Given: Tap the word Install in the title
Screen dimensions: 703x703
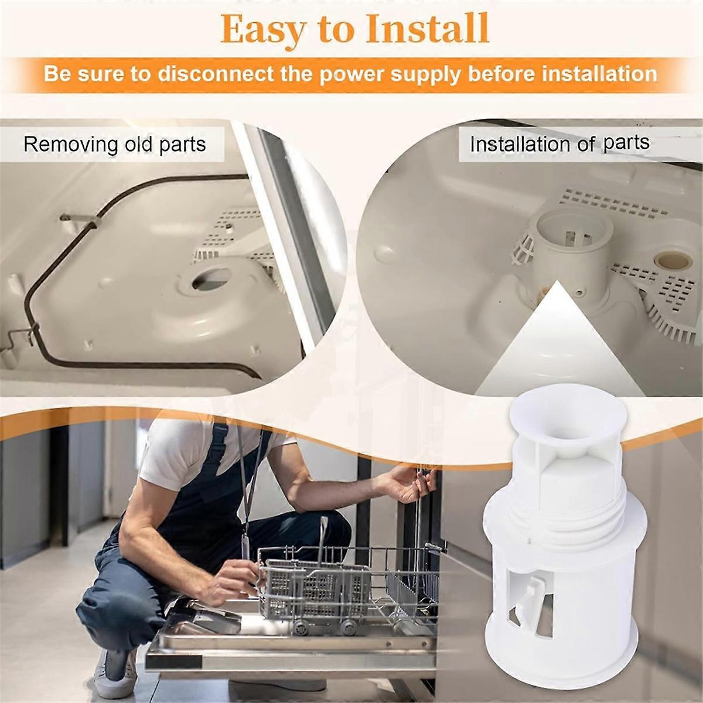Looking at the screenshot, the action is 428,28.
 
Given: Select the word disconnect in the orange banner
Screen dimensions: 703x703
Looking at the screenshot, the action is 216,74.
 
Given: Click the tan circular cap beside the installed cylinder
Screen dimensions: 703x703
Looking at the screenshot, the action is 673,261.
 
